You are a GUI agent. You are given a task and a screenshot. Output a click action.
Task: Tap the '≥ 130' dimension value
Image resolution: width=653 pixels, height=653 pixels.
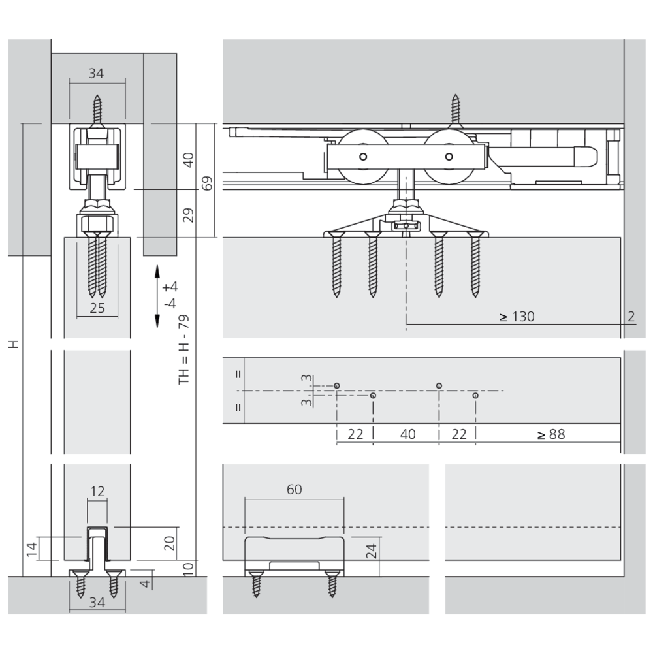click(x=517, y=317)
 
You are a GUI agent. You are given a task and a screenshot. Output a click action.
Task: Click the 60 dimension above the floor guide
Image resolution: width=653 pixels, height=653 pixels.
click(x=295, y=489)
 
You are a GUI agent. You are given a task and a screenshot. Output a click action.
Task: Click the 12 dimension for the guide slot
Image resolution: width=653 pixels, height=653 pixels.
click(x=97, y=492)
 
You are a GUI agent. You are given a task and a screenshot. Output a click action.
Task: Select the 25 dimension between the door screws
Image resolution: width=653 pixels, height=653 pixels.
click(x=97, y=308)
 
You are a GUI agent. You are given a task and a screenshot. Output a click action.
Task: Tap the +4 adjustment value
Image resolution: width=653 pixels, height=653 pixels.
click(x=170, y=287)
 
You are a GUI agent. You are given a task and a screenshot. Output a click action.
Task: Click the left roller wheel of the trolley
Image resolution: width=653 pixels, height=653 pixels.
click(x=361, y=157)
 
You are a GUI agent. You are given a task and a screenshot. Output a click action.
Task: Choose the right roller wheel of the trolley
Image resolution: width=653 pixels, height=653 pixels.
click(x=448, y=157)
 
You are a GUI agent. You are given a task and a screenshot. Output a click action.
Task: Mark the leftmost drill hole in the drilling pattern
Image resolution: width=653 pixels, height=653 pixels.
click(x=336, y=386)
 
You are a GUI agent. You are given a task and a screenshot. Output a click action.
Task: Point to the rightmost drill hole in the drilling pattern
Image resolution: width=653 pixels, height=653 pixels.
click(x=475, y=396)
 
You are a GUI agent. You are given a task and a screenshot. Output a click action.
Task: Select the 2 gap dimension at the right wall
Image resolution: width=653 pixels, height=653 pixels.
click(x=631, y=317)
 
